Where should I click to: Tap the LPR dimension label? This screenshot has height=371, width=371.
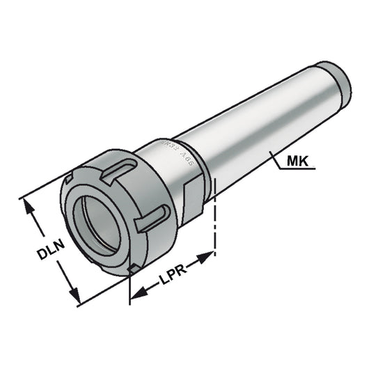(171, 277)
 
